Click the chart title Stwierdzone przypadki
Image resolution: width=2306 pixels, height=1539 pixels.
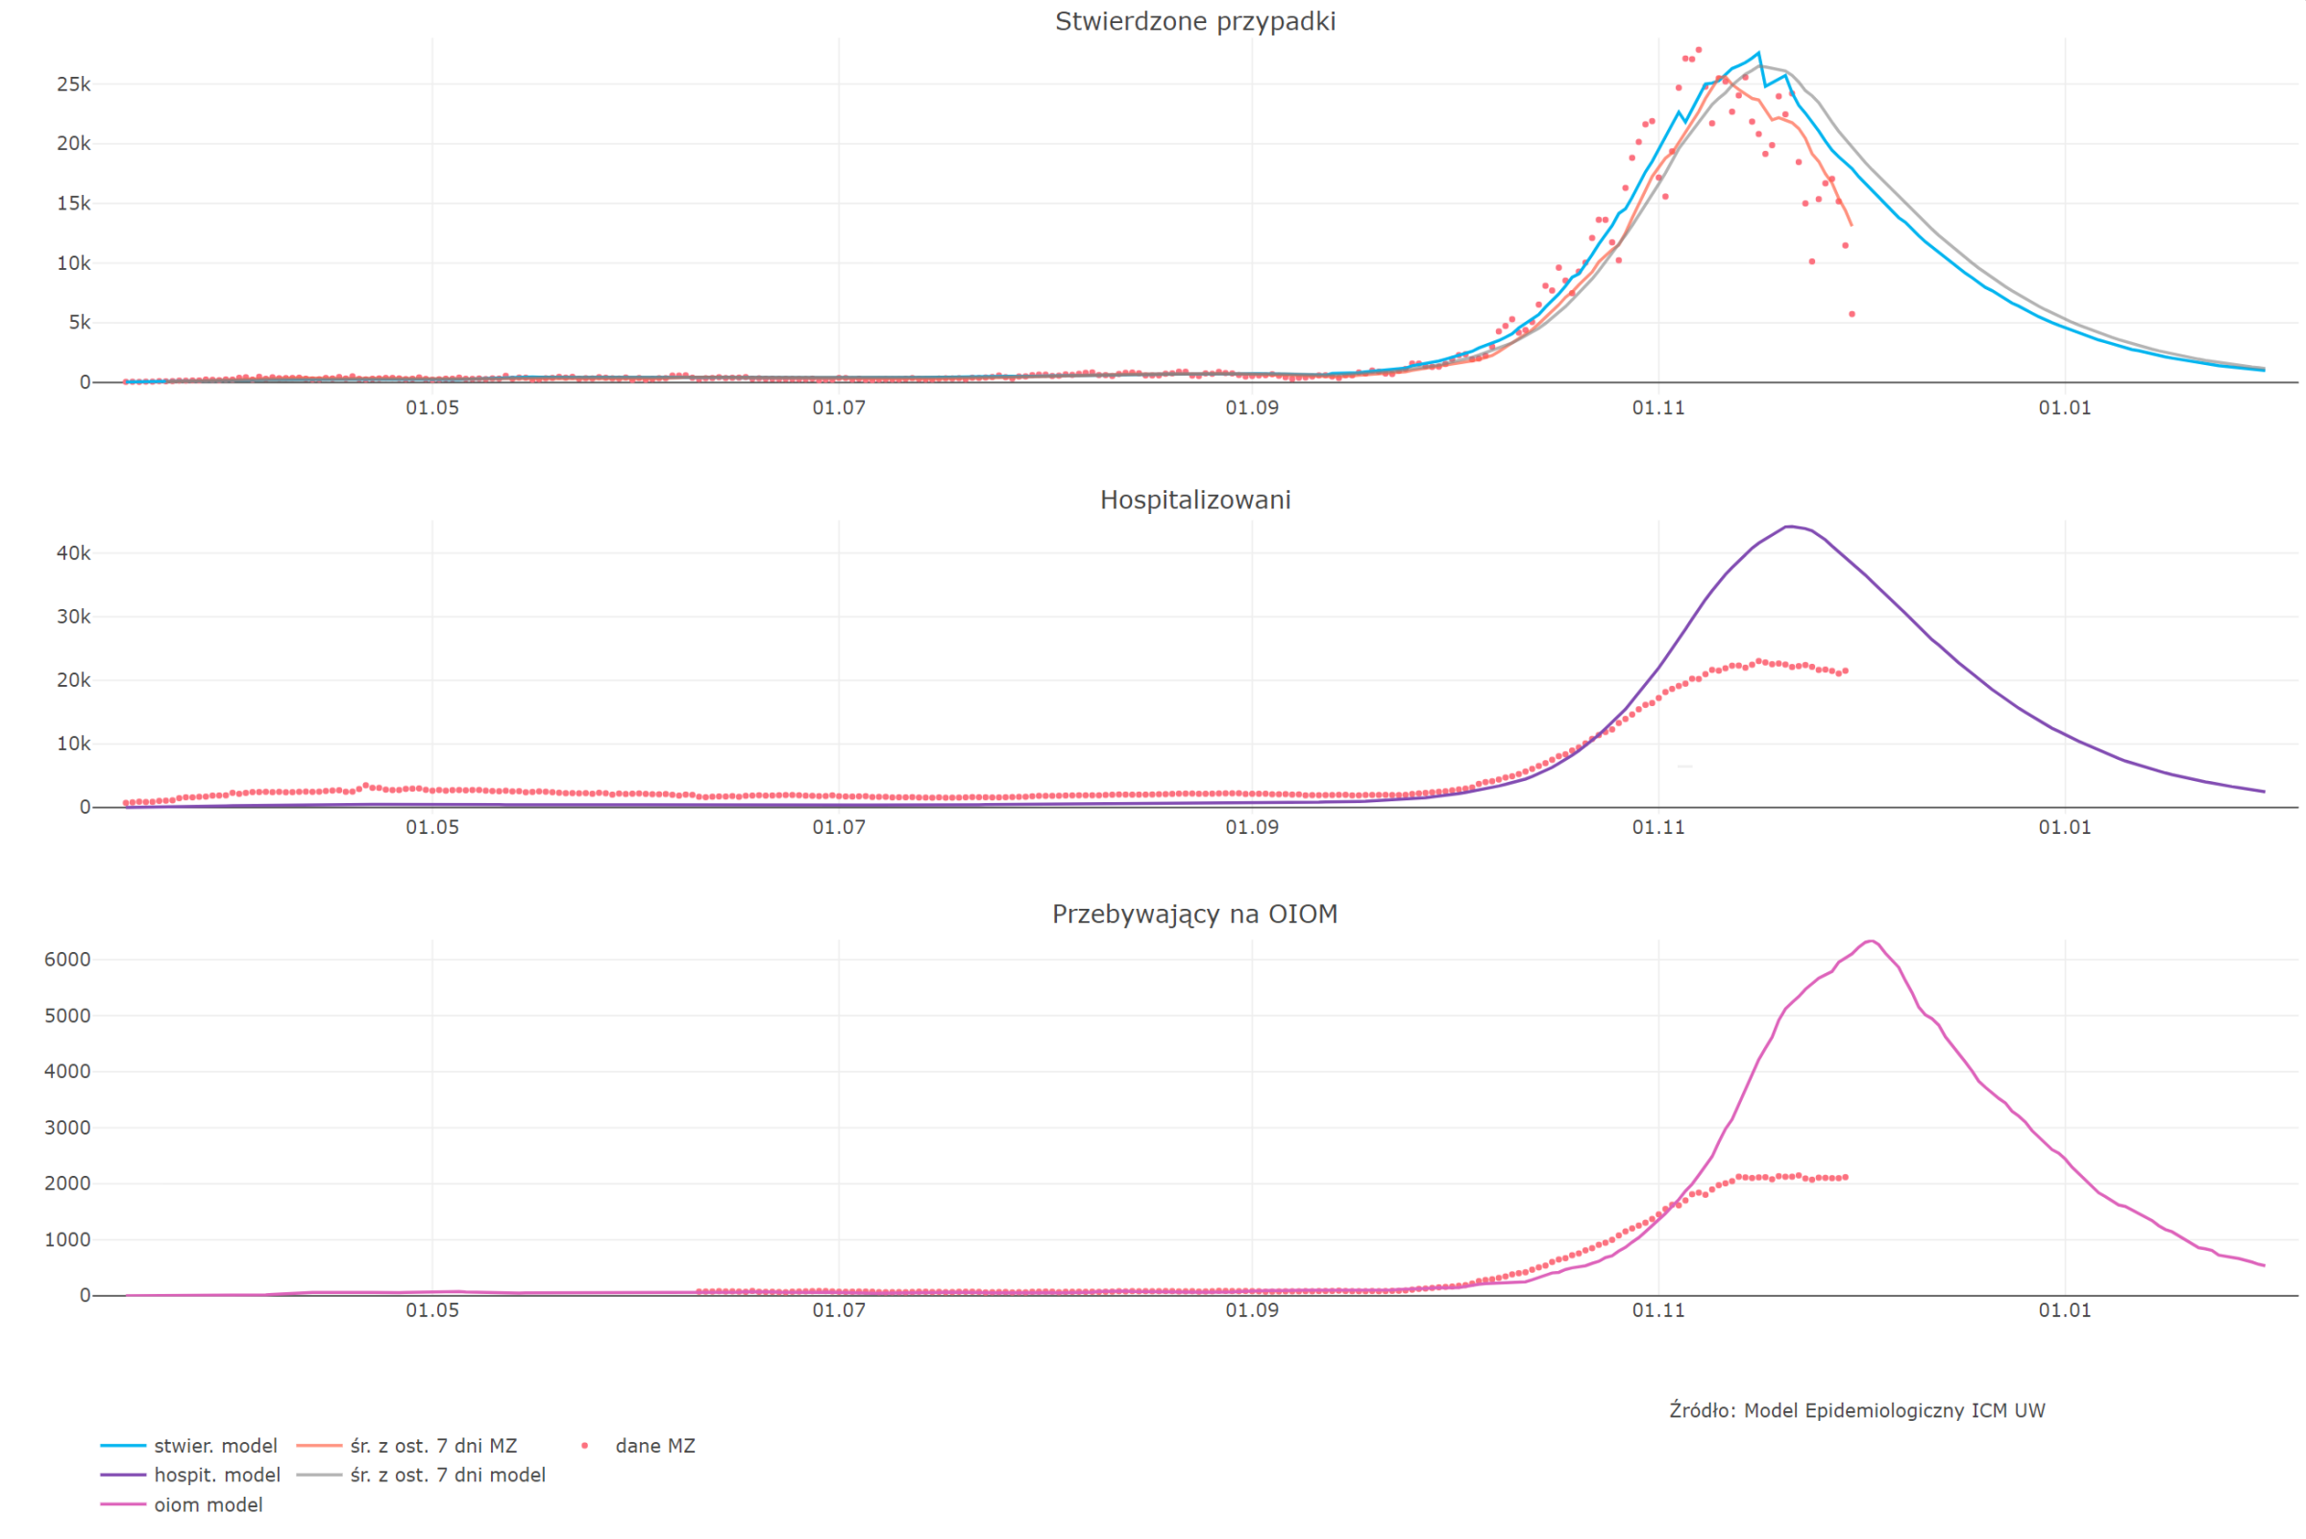(x=1194, y=21)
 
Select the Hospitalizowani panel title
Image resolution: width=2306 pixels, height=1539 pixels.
(x=1194, y=500)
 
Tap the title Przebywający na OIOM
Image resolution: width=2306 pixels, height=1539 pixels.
(x=1194, y=914)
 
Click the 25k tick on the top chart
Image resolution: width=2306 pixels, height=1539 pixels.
(x=74, y=85)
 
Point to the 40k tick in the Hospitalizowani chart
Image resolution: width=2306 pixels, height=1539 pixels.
(x=74, y=553)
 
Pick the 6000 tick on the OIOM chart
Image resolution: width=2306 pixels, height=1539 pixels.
(x=67, y=959)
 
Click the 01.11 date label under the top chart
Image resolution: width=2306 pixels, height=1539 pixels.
(x=1658, y=408)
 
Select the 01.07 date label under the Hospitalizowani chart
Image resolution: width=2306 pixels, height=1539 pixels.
(x=839, y=827)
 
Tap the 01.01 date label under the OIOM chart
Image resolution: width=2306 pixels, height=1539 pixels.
(x=2065, y=1310)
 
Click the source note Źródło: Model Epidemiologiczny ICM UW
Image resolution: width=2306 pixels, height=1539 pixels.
(x=1856, y=1410)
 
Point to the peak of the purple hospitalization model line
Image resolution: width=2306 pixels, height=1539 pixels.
(x=1790, y=527)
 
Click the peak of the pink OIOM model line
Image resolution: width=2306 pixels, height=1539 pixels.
(x=1871, y=941)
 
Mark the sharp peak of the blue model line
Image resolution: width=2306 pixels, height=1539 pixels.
(x=1758, y=53)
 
